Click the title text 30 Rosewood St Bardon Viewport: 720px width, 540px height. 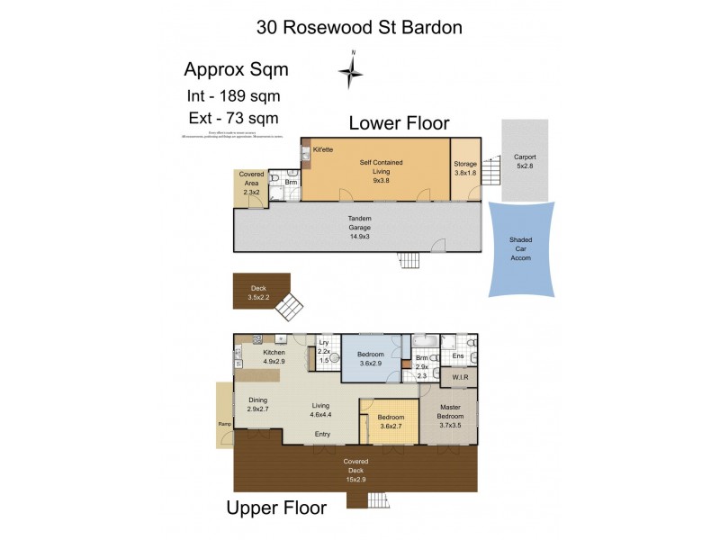tap(359, 27)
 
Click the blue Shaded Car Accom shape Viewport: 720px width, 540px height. tap(521, 248)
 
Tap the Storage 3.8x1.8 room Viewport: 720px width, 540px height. tap(464, 168)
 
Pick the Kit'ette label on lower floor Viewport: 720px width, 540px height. tap(324, 148)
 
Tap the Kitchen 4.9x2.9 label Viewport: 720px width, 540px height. tap(274, 357)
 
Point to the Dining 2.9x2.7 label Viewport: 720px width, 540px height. tap(259, 405)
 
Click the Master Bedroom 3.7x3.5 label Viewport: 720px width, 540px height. tap(448, 416)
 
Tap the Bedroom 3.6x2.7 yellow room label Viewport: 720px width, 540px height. tap(391, 422)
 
